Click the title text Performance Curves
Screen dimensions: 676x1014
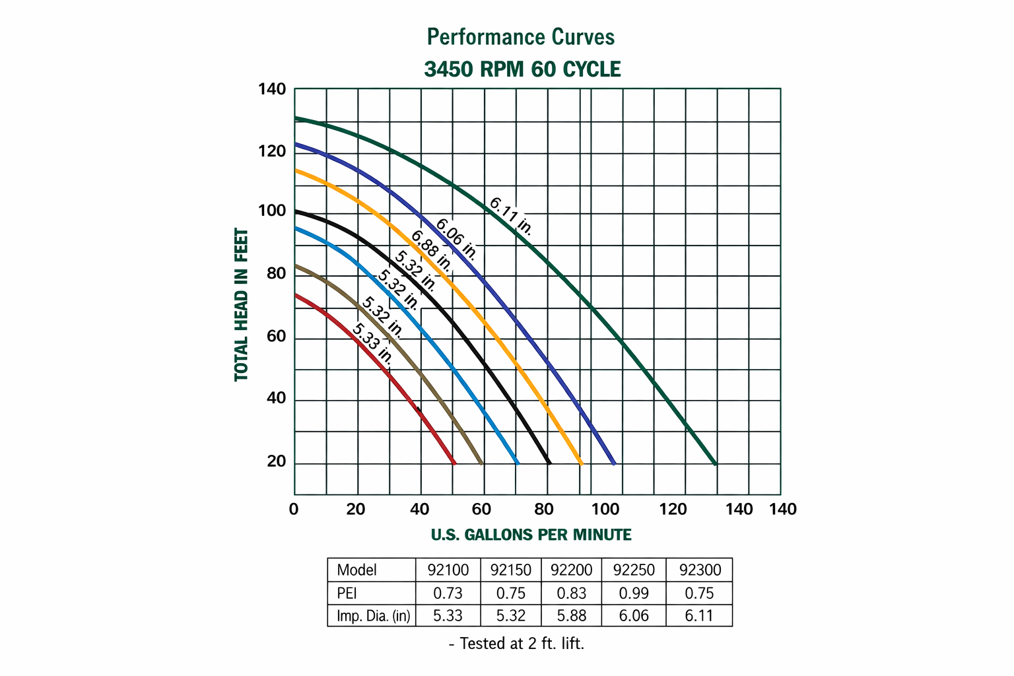521,37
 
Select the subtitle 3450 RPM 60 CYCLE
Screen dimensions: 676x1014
522,69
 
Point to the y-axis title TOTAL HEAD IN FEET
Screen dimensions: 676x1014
242,305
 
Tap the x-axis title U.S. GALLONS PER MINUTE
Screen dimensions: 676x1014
531,535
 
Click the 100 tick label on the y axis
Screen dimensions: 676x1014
271,211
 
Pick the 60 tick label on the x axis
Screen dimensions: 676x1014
482,509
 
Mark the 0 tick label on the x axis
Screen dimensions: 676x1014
294,509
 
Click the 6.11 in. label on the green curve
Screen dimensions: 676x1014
511,216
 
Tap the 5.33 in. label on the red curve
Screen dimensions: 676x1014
373,344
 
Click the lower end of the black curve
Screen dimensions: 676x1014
549,463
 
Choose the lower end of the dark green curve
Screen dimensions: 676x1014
715,463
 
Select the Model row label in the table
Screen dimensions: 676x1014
356,570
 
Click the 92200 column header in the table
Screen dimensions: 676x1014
572,570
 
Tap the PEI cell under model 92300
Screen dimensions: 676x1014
699,593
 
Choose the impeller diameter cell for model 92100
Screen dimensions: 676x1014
448,616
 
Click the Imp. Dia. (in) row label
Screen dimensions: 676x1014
373,616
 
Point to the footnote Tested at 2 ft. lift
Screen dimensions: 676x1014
516,644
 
